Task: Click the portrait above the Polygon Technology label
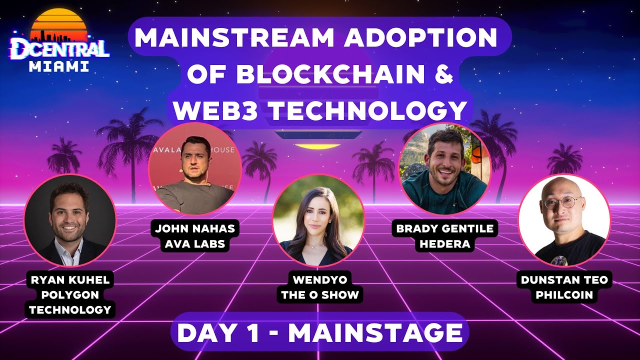(x=70, y=220)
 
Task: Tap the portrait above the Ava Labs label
(x=195, y=168)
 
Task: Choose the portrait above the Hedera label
(x=444, y=169)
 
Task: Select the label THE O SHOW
(x=320, y=295)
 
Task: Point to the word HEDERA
(x=444, y=243)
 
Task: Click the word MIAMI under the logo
(x=59, y=67)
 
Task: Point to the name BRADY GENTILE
(x=444, y=229)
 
